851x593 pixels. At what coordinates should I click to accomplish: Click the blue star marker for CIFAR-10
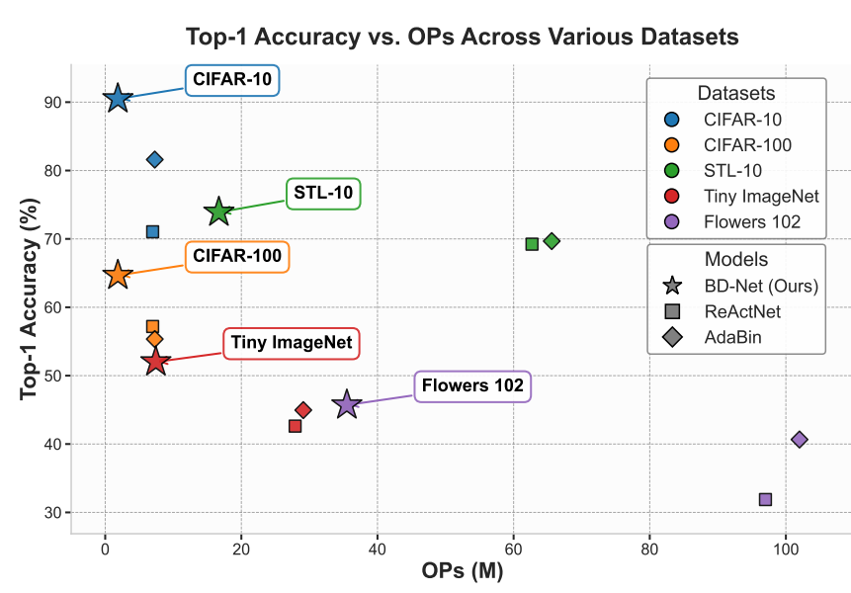118,98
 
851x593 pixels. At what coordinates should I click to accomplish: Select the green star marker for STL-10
218,212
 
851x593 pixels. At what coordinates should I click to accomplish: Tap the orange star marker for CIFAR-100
118,275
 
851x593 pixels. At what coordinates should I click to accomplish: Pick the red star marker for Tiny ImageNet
155,362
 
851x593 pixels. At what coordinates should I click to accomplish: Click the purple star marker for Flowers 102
346,403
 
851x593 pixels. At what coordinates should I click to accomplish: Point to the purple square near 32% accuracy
765,499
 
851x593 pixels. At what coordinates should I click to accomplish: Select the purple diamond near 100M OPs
800,439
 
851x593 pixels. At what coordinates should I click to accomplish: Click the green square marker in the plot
532,243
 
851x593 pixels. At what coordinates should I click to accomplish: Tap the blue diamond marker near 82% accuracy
154,159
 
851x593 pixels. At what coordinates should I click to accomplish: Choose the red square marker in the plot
295,426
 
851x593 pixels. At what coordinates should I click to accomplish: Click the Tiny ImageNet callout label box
294,344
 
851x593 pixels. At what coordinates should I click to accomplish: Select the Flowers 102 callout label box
472,385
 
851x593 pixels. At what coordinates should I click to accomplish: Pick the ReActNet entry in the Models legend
744,312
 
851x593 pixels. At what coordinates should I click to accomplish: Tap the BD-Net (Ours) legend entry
759,287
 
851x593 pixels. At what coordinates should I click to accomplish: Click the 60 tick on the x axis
513,548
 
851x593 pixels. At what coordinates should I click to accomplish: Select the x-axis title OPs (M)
461,572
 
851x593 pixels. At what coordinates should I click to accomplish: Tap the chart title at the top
462,39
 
